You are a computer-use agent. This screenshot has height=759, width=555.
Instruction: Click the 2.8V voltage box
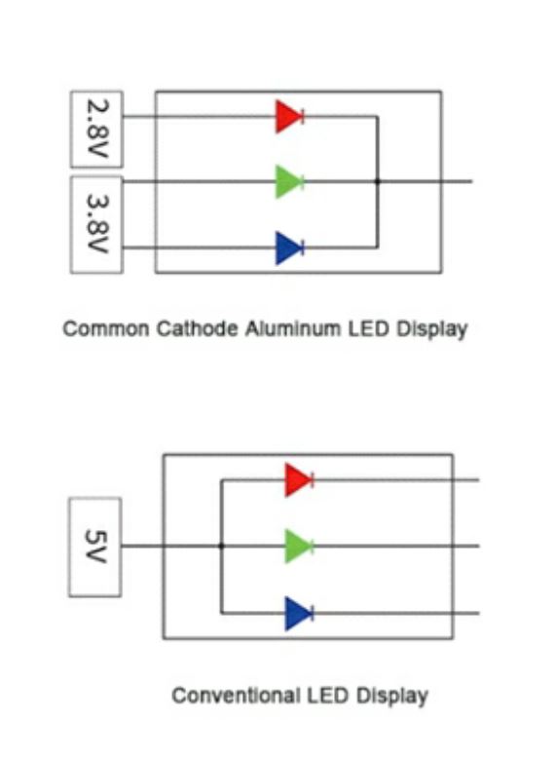click(x=96, y=130)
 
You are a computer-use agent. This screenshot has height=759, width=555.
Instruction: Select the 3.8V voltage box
click(x=96, y=225)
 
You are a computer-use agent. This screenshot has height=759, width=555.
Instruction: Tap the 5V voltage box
click(x=94, y=547)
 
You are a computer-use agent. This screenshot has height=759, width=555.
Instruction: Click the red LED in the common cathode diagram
click(x=289, y=116)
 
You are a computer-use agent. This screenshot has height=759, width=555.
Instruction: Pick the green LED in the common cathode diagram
click(x=289, y=181)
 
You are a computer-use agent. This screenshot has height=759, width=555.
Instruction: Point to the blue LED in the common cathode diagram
click(x=289, y=247)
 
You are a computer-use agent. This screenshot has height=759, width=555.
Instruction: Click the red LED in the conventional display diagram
click(x=299, y=479)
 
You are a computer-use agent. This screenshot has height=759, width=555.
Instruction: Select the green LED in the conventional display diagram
click(x=299, y=546)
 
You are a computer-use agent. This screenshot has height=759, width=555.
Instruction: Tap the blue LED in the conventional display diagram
click(x=299, y=613)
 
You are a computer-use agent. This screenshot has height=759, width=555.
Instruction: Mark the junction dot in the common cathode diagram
click(x=378, y=181)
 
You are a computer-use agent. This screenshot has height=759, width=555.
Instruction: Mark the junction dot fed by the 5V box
click(x=221, y=546)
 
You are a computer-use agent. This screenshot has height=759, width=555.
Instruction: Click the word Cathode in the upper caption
click(x=197, y=329)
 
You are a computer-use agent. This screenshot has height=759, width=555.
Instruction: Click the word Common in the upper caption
click(x=106, y=329)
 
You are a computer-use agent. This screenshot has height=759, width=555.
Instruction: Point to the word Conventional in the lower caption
click(x=237, y=696)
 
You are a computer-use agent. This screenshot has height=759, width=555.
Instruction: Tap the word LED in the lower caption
click(x=328, y=696)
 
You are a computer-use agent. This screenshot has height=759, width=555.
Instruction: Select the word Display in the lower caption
click(x=392, y=697)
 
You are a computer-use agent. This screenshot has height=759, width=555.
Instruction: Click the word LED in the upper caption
click(x=369, y=329)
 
